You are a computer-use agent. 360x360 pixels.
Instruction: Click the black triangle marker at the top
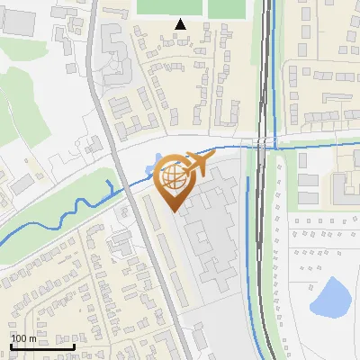pos(181,24)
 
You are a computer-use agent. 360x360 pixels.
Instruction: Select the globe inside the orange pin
pos(173,178)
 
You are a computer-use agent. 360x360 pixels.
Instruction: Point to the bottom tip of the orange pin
pos(174,211)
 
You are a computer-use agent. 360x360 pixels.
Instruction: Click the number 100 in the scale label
pos(22,338)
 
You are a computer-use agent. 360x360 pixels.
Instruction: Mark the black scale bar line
pos(42,346)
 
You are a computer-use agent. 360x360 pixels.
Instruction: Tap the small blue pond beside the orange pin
pos(150,169)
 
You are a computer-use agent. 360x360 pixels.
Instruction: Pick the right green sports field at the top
pos(229,7)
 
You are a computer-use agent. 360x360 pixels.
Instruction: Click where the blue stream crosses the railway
pos(261,145)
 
